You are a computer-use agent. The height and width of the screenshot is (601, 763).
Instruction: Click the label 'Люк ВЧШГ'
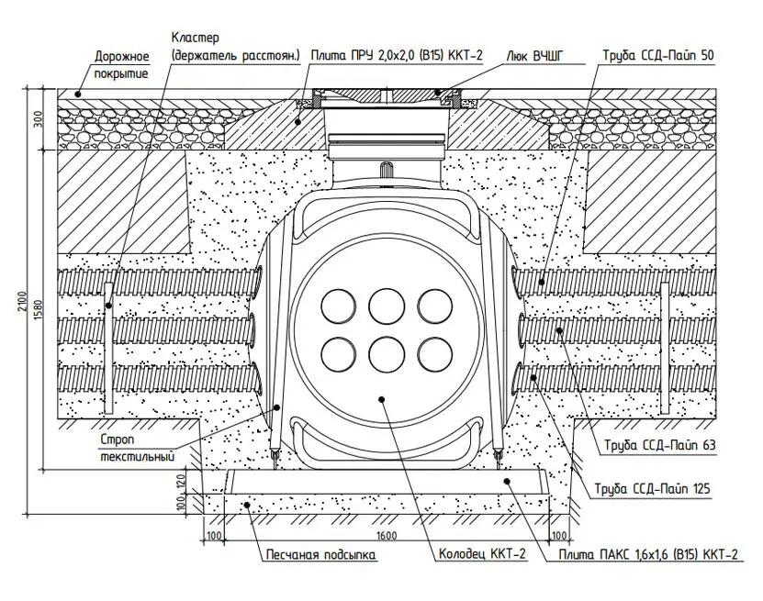[x=534, y=56]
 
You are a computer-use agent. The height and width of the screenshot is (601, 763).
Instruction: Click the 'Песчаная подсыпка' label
[x=320, y=555]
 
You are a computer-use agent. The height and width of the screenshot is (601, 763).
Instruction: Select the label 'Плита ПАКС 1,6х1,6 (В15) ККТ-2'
[x=648, y=555]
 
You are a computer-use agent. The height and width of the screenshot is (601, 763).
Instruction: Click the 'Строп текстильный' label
[x=137, y=446]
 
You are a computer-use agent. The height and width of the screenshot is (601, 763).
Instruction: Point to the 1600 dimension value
[x=387, y=534]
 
